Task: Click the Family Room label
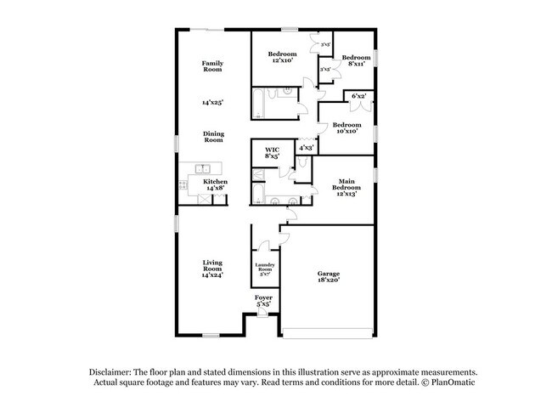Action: pos(211,66)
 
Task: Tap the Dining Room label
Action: pos(211,136)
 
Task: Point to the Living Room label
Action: pos(211,269)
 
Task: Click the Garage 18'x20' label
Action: pos(329,276)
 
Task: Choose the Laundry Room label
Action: pos(264,269)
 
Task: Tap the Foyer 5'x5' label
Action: pos(263,300)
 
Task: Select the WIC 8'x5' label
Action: pos(272,153)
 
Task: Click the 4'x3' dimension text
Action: pos(307,148)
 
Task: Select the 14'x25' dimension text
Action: pos(211,102)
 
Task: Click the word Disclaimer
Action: pos(115,372)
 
